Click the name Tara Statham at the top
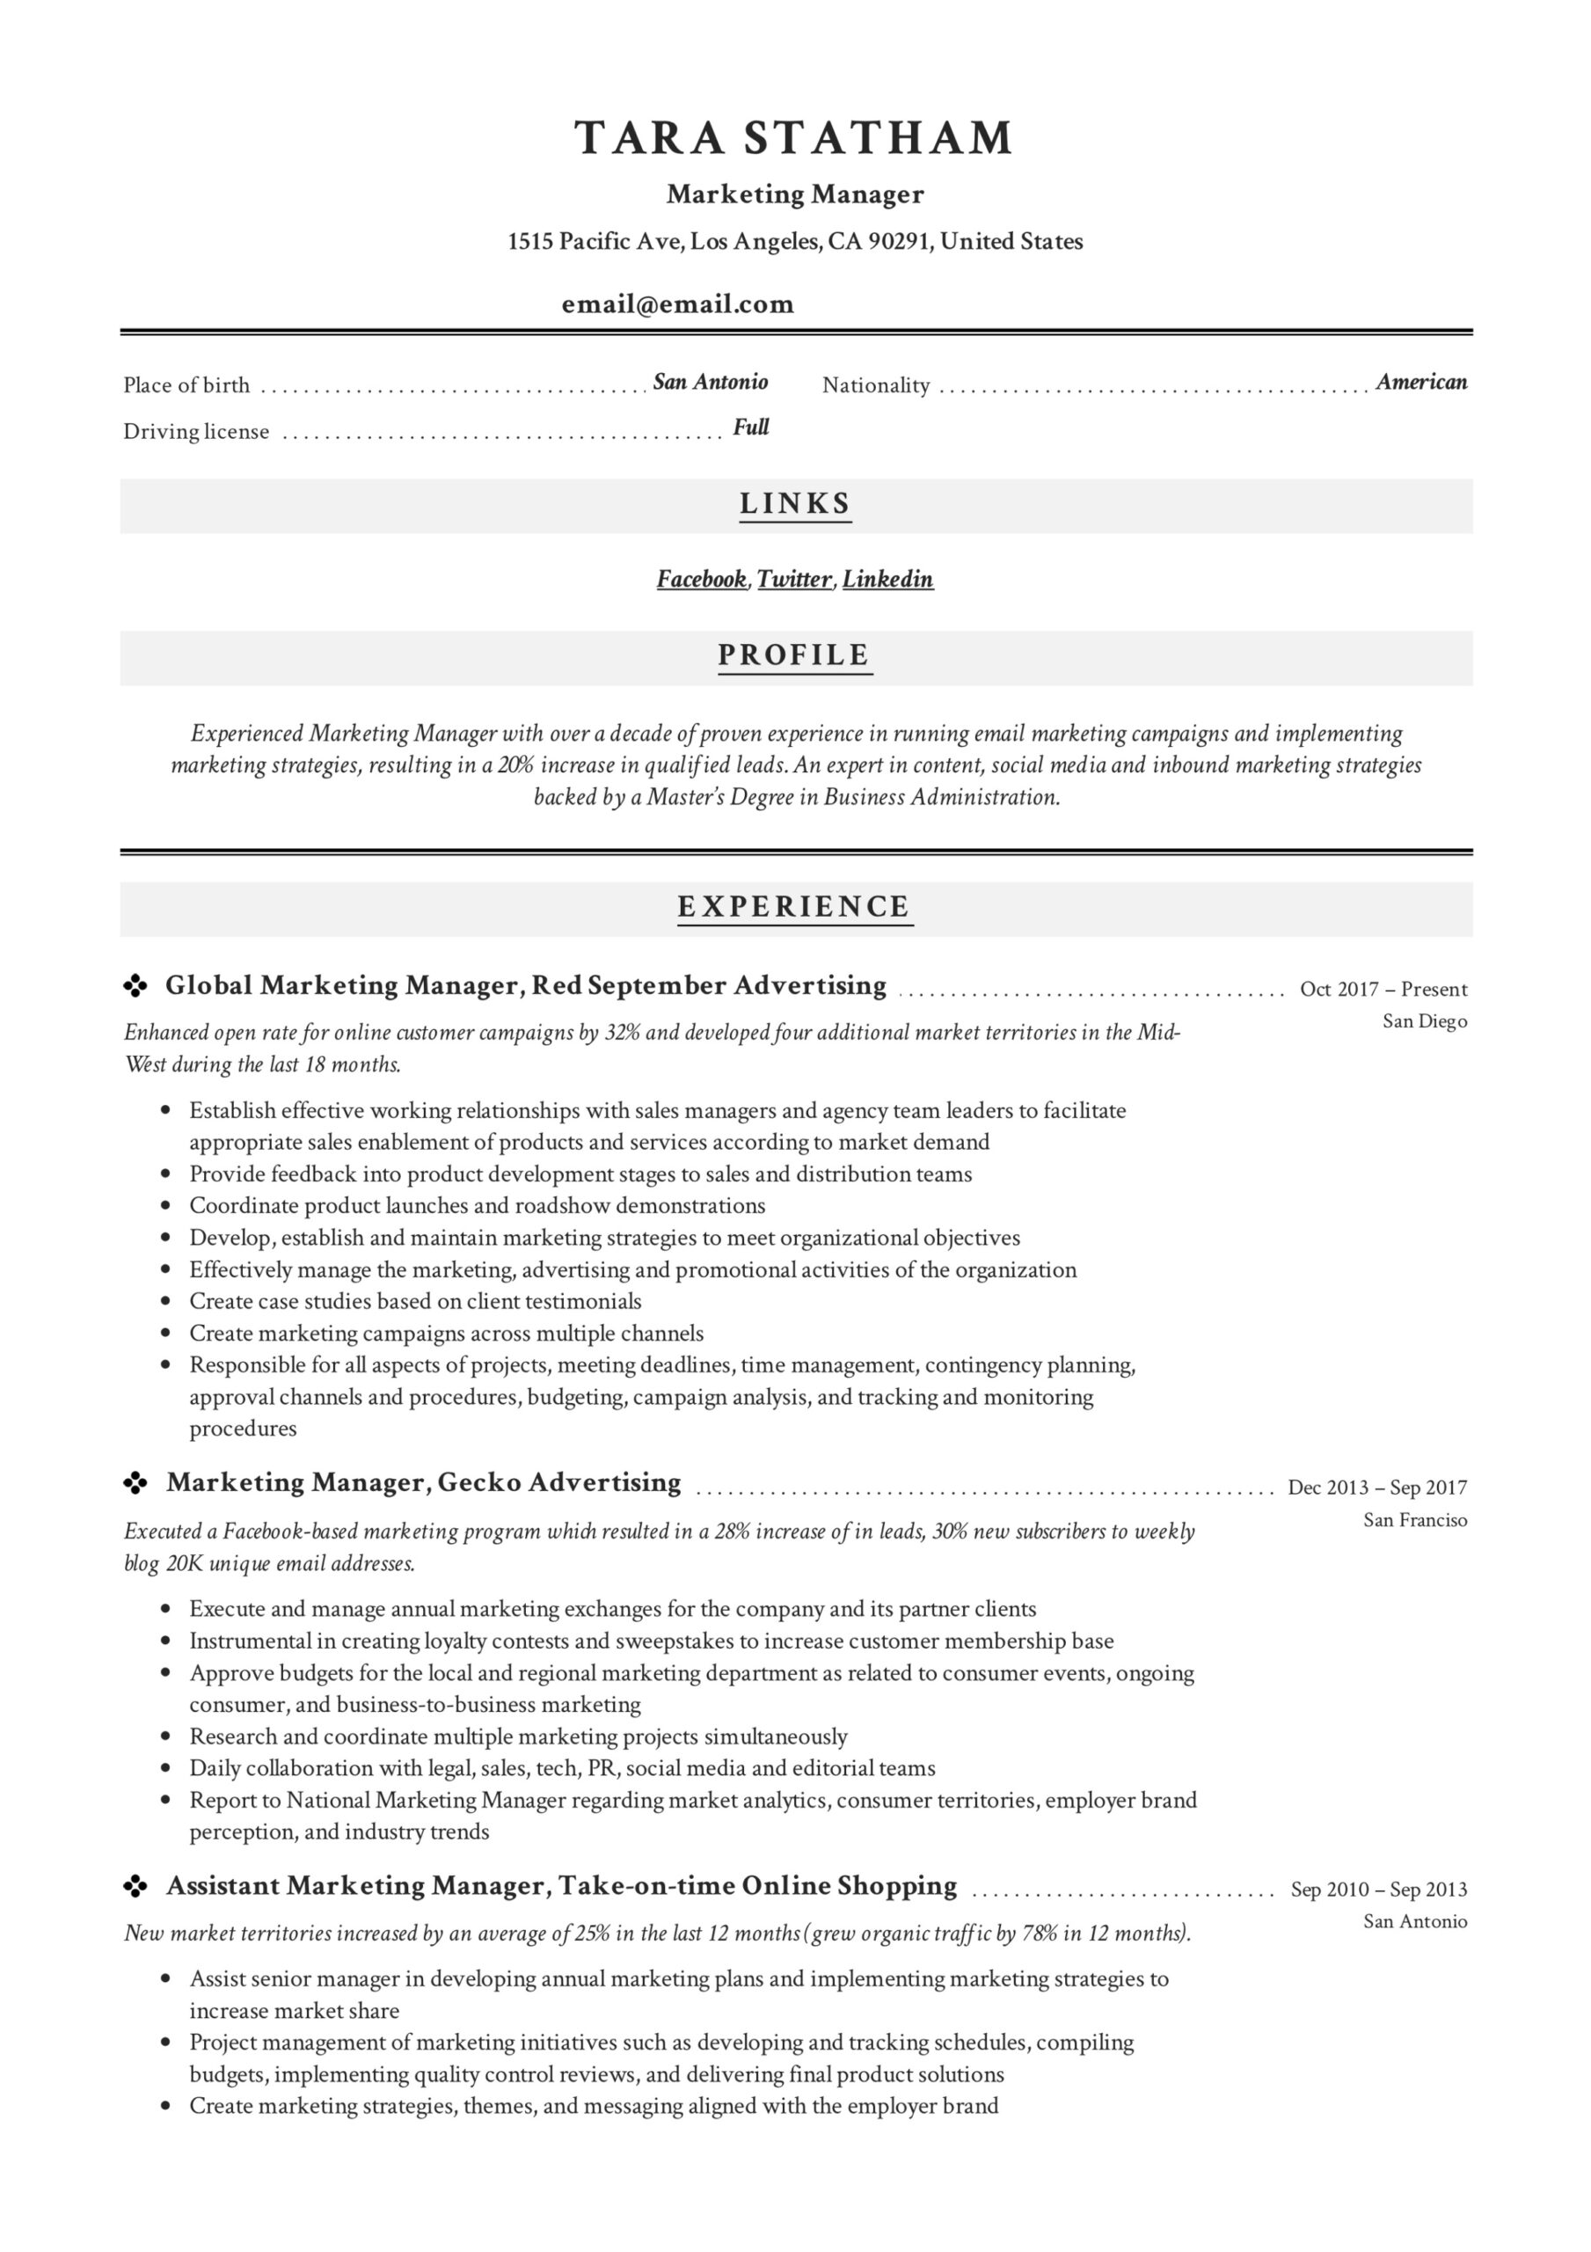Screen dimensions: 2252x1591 793,138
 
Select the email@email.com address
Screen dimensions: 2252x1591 678,304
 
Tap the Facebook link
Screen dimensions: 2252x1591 701,579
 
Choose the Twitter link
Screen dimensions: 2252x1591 794,579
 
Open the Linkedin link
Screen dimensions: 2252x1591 887,579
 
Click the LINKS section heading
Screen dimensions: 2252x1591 795,504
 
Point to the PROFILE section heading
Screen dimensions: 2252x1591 794,655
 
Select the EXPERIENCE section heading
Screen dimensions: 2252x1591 794,906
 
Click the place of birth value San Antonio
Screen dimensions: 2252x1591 710,382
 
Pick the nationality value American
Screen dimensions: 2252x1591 1421,382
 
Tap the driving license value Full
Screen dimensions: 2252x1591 751,427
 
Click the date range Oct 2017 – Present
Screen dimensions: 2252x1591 1383,989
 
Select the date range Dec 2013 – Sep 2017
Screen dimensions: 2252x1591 1377,1487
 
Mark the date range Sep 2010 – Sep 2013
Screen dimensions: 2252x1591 1378,1889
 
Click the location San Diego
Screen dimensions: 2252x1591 1424,1021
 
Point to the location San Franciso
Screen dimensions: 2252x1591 1414,1519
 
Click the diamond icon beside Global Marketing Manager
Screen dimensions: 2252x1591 135,986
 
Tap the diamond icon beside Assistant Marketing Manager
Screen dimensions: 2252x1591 135,1885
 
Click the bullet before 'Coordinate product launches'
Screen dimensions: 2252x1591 165,1205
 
